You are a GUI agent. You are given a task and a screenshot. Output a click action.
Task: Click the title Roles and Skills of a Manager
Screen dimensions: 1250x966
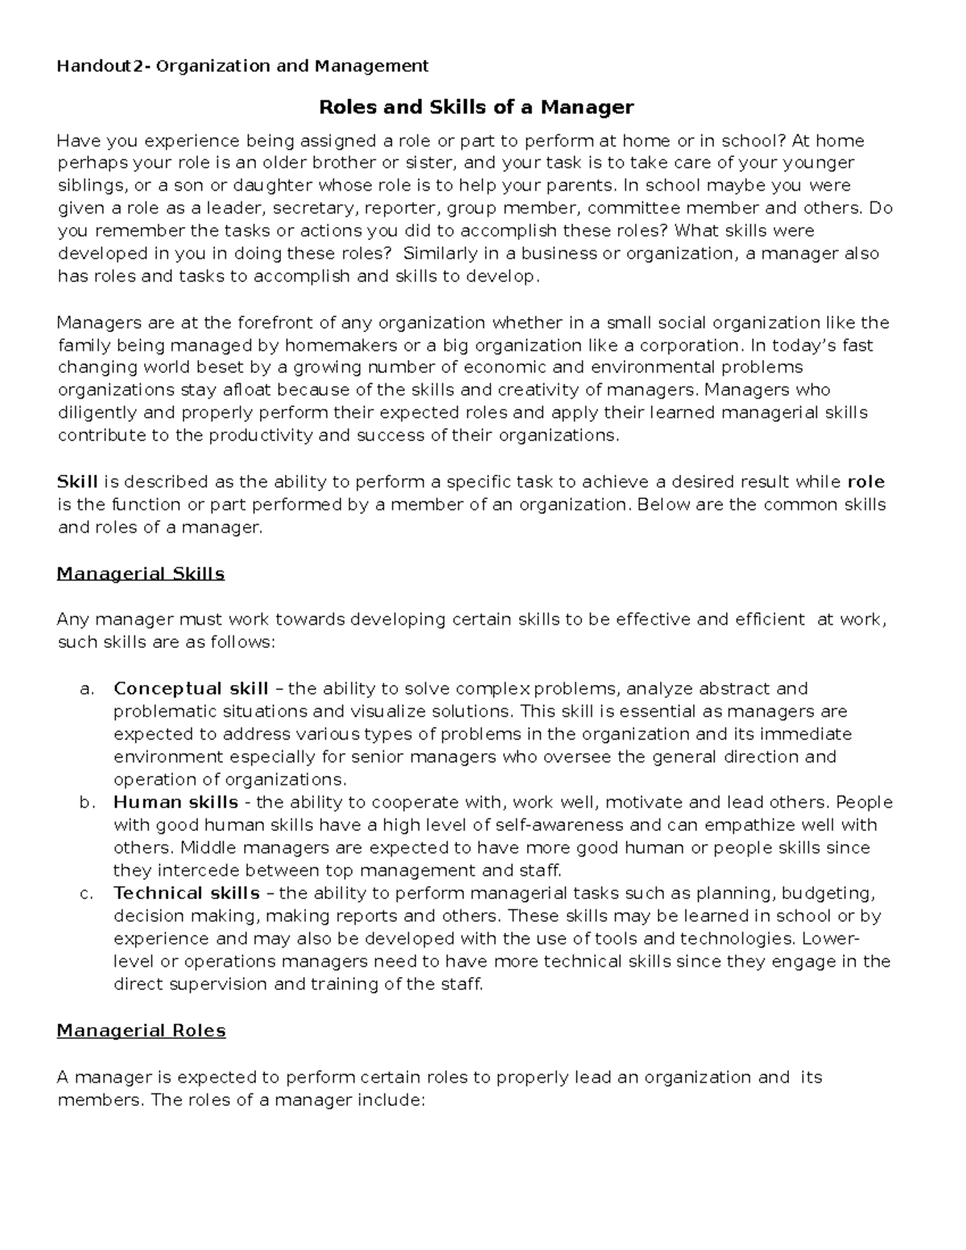point(477,107)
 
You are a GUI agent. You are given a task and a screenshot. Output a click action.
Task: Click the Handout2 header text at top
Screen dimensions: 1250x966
point(242,66)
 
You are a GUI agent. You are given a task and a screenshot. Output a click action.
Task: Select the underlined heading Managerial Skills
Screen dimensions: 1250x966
point(140,574)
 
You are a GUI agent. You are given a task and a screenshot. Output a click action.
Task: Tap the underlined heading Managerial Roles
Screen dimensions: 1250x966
point(141,1031)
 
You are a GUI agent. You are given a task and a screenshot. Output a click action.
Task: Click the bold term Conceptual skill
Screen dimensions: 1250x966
point(191,689)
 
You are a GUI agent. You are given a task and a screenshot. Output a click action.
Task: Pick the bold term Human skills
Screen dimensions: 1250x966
point(175,802)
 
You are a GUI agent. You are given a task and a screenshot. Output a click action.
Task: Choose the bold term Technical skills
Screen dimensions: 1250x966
point(187,893)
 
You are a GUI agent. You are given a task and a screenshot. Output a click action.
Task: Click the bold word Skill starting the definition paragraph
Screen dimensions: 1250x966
point(77,482)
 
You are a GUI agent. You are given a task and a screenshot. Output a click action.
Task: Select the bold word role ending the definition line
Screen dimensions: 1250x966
point(866,482)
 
